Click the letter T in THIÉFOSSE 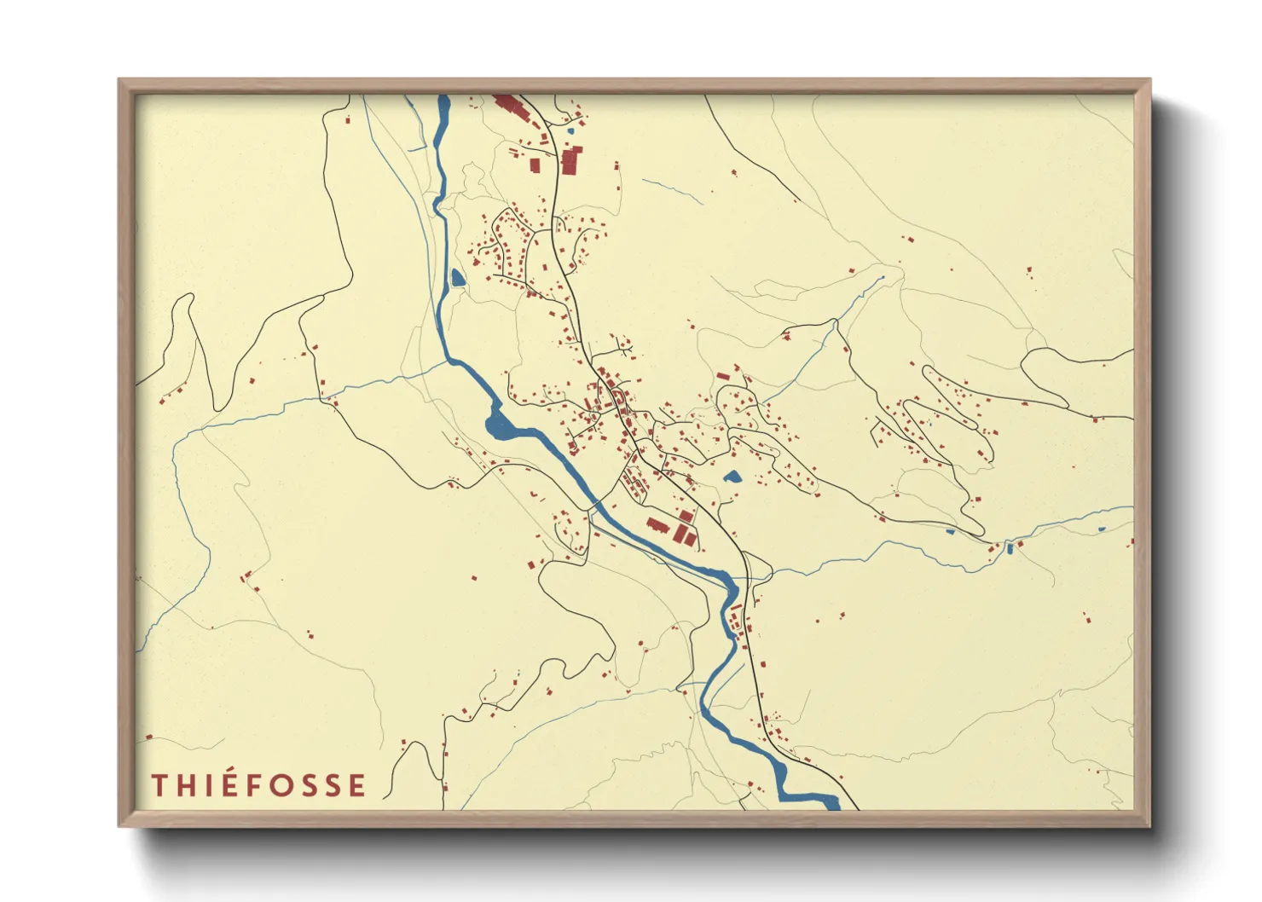pyautogui.click(x=159, y=785)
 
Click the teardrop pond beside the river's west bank pyautogui.click(x=458, y=277)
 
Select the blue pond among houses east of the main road pyautogui.click(x=732, y=477)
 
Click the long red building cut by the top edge pyautogui.click(x=508, y=107)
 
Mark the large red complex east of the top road pyautogui.click(x=570, y=160)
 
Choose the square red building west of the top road pyautogui.click(x=535, y=165)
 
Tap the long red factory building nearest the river pyautogui.click(x=657, y=525)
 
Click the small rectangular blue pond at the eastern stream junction pyautogui.click(x=1010, y=548)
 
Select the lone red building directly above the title pyautogui.click(x=149, y=737)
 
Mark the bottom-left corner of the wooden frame pyautogui.click(x=120, y=825)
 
